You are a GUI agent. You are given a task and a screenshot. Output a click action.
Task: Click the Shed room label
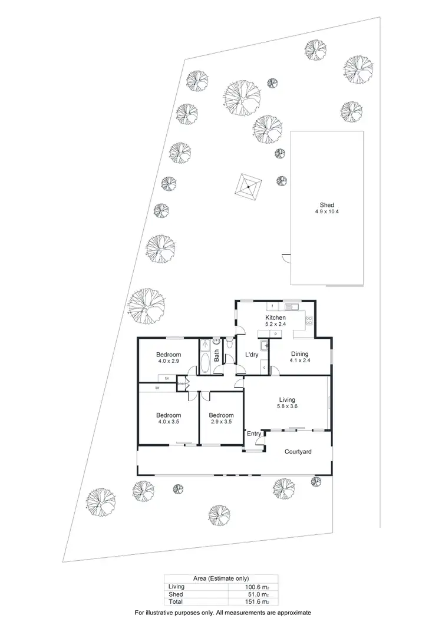click(x=327, y=206)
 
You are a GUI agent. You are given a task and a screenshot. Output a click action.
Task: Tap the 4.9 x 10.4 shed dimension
click(x=327, y=212)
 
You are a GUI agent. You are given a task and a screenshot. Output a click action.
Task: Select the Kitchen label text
click(x=275, y=318)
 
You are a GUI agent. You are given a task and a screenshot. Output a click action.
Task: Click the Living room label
click(x=286, y=400)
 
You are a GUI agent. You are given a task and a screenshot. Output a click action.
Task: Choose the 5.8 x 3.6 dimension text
click(x=286, y=406)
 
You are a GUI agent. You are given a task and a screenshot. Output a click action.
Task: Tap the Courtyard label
click(x=298, y=452)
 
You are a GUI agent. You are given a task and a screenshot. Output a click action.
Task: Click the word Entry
click(x=254, y=434)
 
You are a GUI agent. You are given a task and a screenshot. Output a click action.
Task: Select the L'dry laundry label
click(x=252, y=355)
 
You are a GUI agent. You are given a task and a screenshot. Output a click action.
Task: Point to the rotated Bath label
click(x=217, y=356)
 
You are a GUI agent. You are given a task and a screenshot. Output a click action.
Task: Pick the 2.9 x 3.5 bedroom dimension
click(x=221, y=422)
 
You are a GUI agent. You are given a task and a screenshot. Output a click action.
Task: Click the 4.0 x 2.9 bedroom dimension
click(x=168, y=361)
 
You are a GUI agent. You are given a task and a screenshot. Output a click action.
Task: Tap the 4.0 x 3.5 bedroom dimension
click(x=168, y=422)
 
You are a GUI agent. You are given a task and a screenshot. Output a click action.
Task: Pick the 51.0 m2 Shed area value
click(x=254, y=594)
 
